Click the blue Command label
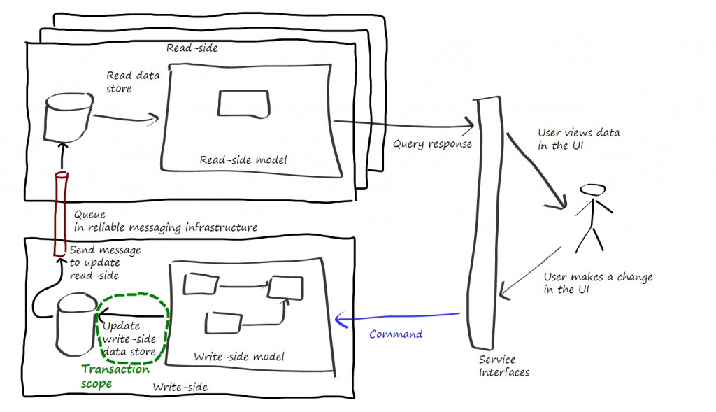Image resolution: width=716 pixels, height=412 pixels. (x=395, y=334)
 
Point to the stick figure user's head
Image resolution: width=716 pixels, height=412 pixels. (x=592, y=190)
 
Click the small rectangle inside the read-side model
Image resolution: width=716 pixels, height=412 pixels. (x=243, y=104)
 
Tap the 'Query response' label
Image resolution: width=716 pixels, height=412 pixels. (x=432, y=145)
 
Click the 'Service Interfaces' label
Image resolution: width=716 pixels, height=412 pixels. (x=503, y=366)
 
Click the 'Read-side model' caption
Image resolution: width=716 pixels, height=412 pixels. (x=243, y=160)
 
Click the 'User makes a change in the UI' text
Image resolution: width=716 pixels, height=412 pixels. (x=597, y=283)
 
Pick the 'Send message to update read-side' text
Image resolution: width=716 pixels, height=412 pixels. (x=104, y=262)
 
